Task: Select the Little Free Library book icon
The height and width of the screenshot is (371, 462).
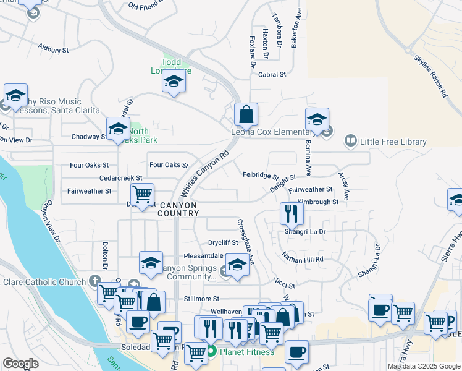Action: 351,142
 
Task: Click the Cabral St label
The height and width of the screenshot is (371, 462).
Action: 272,74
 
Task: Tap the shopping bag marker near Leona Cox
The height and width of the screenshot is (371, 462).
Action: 246,114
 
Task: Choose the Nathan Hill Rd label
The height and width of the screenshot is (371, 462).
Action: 302,258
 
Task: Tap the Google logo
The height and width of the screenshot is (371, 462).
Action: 20,364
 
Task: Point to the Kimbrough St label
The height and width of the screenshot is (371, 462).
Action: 317,202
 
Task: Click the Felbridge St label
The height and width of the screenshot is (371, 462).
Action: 260,176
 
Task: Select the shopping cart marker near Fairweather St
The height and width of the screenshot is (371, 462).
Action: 143,195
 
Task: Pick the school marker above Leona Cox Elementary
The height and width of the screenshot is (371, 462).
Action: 316,119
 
